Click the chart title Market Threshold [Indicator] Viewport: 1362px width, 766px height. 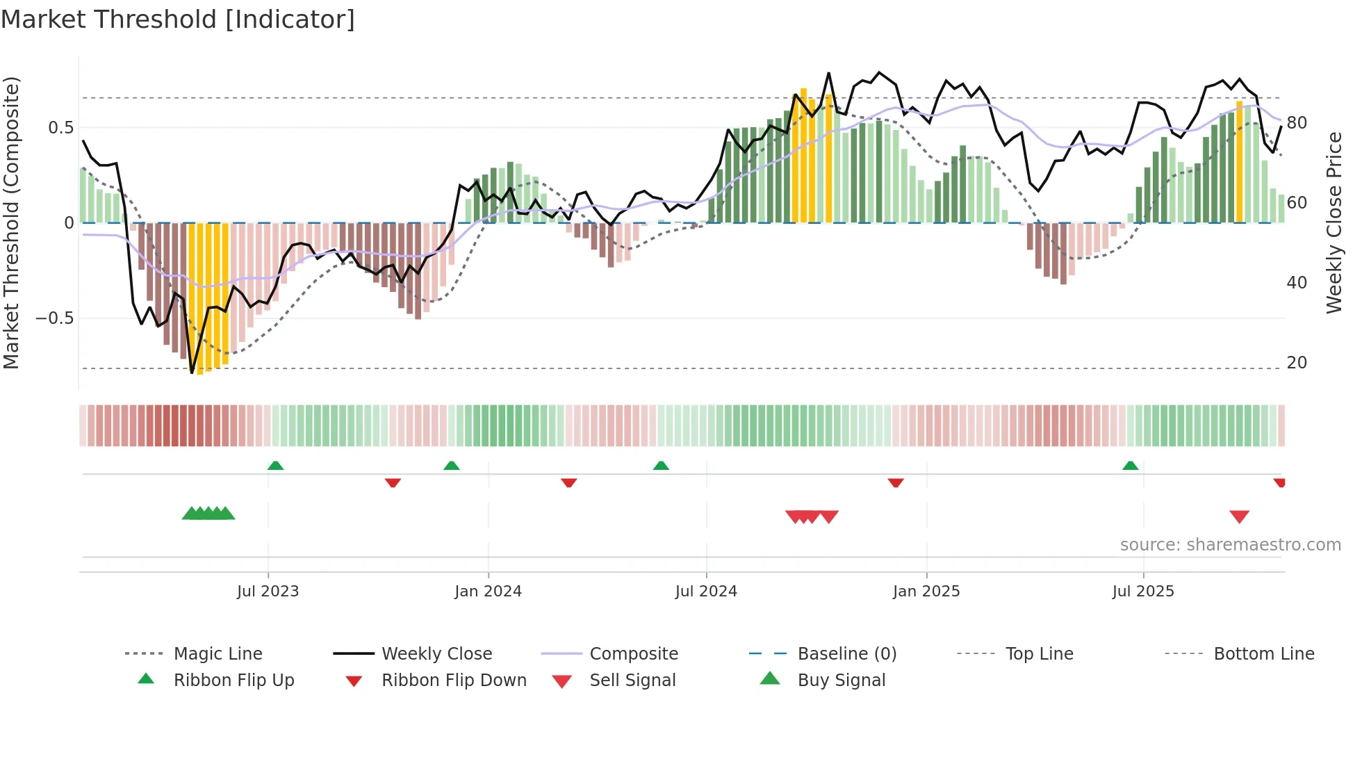coord(178,19)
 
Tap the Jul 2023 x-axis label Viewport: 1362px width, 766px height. coord(268,592)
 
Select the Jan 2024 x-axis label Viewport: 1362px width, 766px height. coord(488,592)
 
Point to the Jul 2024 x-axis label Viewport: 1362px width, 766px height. coord(706,592)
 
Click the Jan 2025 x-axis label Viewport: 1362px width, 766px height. coord(926,592)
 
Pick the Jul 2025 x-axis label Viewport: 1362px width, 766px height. coord(1143,592)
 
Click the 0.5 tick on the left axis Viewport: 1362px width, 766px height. coord(61,128)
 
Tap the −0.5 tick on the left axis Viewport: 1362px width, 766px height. coord(55,318)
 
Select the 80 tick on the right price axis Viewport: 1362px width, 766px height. coord(1297,123)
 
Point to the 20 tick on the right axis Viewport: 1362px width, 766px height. coord(1297,363)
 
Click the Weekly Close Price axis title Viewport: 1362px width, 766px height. coord(1334,222)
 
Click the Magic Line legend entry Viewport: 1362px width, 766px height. coord(218,654)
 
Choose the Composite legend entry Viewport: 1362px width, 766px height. coord(633,654)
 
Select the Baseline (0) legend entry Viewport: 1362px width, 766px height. coord(846,654)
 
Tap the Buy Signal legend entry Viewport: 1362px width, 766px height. coord(841,681)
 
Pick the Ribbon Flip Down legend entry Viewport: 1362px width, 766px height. coord(454,681)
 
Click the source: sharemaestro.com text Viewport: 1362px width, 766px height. coord(1230,545)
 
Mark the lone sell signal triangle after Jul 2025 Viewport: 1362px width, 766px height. coord(1239,516)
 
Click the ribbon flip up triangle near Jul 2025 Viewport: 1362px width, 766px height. coord(1130,466)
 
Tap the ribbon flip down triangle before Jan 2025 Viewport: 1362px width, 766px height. coord(895,482)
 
